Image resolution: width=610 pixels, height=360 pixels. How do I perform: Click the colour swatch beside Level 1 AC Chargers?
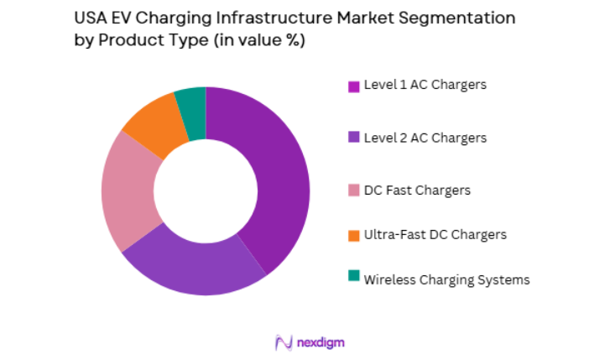pos(354,86)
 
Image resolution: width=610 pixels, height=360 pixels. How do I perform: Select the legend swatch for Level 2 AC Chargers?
pos(354,138)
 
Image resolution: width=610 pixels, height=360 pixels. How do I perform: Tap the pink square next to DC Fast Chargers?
pos(354,190)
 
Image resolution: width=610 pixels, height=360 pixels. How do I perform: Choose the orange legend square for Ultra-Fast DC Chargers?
pos(354,234)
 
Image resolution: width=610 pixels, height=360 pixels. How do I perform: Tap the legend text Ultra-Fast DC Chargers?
pos(435,234)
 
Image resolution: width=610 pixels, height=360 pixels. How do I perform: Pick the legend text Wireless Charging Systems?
pos(446,279)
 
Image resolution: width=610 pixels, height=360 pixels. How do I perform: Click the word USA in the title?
pos(89,18)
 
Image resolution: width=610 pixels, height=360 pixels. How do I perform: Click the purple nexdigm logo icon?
pos(283,342)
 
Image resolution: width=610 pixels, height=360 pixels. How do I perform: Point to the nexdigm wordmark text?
pos(320,342)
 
